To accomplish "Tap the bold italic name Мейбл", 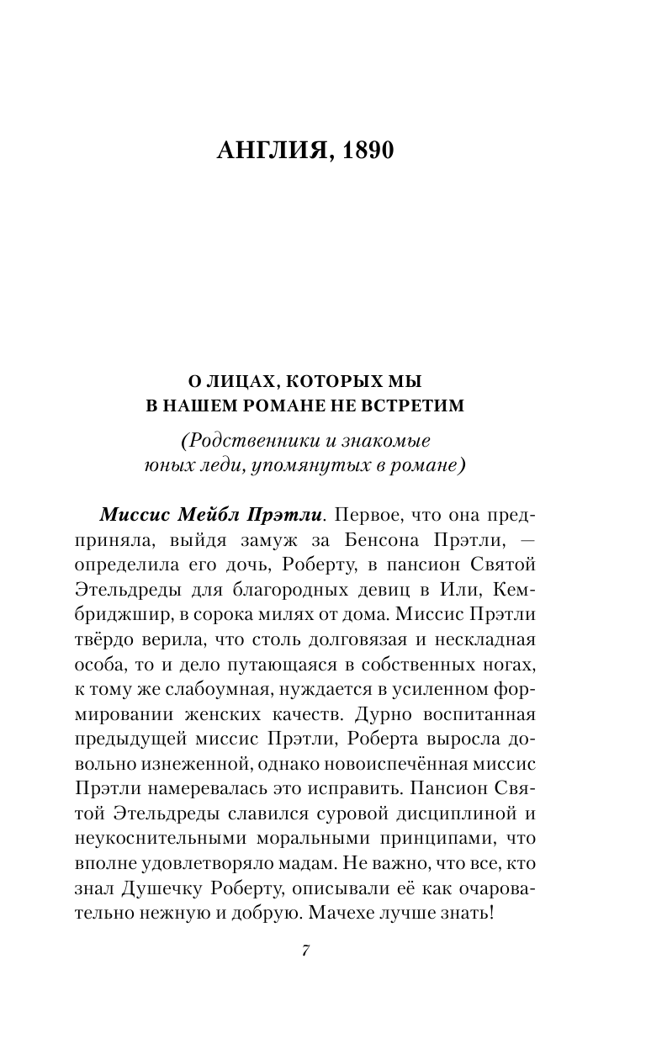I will click(x=205, y=514).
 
